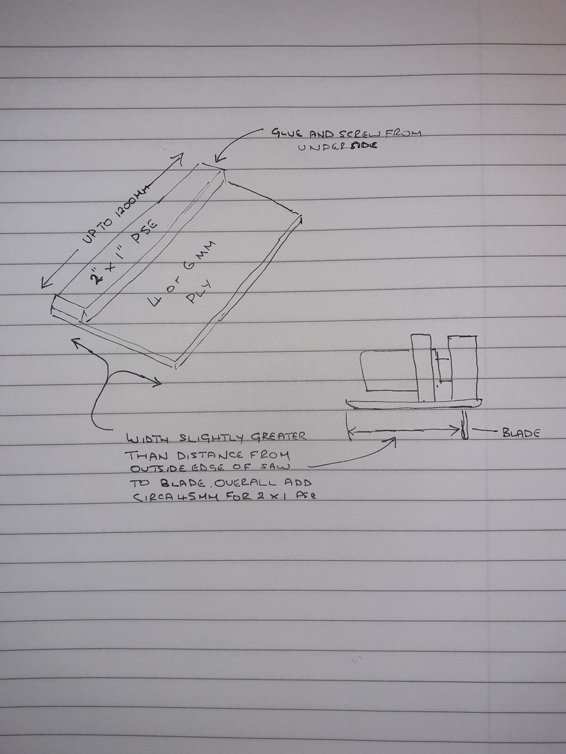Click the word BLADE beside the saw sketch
pyautogui.click(x=521, y=433)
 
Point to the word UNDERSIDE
pyautogui.click(x=337, y=146)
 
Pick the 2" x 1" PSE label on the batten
pyautogui.click(x=123, y=254)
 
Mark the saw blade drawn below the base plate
pyautogui.click(x=465, y=425)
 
